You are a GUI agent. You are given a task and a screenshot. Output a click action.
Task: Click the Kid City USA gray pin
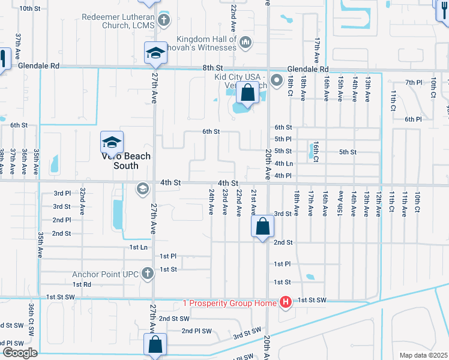pos(276,80)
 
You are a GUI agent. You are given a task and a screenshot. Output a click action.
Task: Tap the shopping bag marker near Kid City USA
pos(247,93)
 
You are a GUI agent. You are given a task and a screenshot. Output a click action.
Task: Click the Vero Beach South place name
pos(125,161)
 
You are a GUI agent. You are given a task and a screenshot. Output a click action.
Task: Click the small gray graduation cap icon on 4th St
pos(142,189)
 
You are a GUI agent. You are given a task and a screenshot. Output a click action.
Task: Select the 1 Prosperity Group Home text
pos(230,301)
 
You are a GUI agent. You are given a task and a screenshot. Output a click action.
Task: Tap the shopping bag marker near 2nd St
pos(263,226)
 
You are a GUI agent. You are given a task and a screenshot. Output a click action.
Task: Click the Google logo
pos(19,352)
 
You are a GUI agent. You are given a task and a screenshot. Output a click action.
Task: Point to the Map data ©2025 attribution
pos(424,355)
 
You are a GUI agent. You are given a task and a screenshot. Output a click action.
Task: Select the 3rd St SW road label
pos(247,332)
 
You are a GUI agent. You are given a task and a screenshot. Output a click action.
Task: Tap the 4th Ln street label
pos(283,163)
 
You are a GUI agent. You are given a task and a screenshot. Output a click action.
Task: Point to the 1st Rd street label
pos(82,284)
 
